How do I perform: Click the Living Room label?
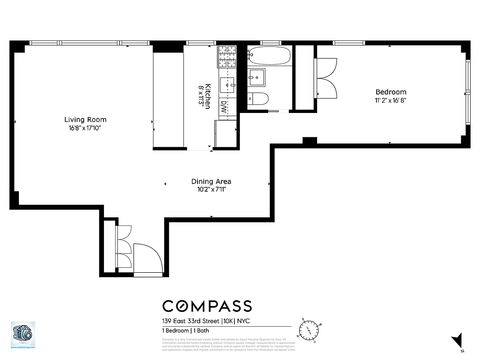pyautogui.click(x=85, y=119)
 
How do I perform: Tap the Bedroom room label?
pyautogui.click(x=390, y=92)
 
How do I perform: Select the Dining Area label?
pyautogui.click(x=211, y=181)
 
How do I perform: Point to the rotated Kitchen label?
pyautogui.click(x=208, y=96)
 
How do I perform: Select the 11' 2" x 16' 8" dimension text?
pyautogui.click(x=390, y=100)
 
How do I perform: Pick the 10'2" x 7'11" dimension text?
pyautogui.click(x=211, y=189)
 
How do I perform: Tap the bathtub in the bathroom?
pyautogui.click(x=269, y=56)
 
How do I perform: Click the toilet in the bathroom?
pyautogui.click(x=258, y=99)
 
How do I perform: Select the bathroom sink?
pyautogui.click(x=256, y=77)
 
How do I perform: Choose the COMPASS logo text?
pyautogui.click(x=207, y=306)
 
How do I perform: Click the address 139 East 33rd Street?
pyautogui.click(x=191, y=321)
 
